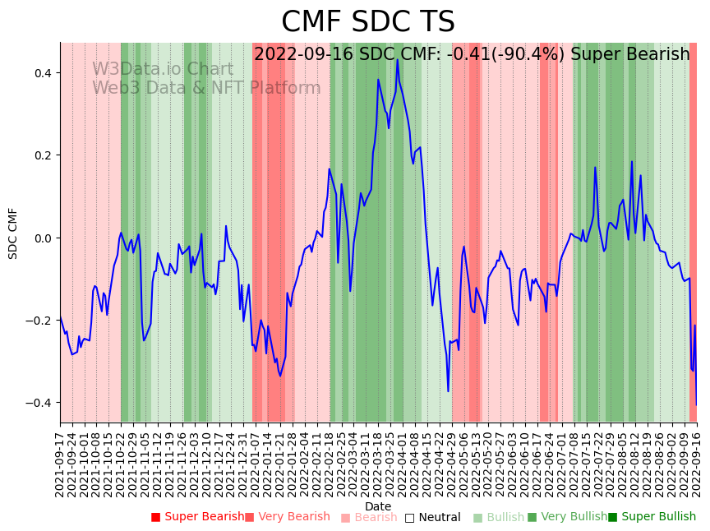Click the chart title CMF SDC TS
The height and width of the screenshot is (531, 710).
click(x=367, y=22)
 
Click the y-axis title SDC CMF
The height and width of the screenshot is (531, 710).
click(x=13, y=233)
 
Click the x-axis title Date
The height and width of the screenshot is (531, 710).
click(x=378, y=506)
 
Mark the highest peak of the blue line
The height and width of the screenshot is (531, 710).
click(x=397, y=59)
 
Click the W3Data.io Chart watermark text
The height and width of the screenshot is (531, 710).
click(x=162, y=69)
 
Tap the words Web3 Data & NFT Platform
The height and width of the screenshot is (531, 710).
click(x=206, y=88)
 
